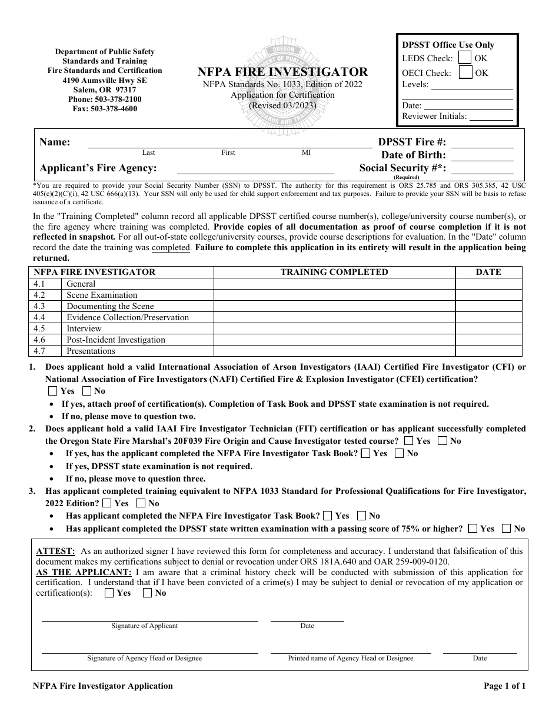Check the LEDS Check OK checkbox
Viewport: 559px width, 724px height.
tap(465, 58)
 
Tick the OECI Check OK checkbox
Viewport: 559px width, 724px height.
tap(465, 72)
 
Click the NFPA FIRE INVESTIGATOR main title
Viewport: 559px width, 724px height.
tap(283, 72)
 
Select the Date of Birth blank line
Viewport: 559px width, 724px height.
tap(482, 155)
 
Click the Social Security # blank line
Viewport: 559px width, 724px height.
tap(482, 168)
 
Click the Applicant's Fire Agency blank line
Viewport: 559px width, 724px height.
tap(255, 168)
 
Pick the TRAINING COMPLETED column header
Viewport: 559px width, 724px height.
tap(334, 272)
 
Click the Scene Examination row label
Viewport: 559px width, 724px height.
tap(102, 295)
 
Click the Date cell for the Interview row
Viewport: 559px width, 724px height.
tap(488, 328)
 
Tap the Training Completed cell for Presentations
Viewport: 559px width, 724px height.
tap(334, 351)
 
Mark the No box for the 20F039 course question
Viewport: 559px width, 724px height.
tap(442, 441)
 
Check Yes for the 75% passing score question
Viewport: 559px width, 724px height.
tap(473, 529)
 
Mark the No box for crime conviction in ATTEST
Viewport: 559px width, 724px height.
tap(147, 593)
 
